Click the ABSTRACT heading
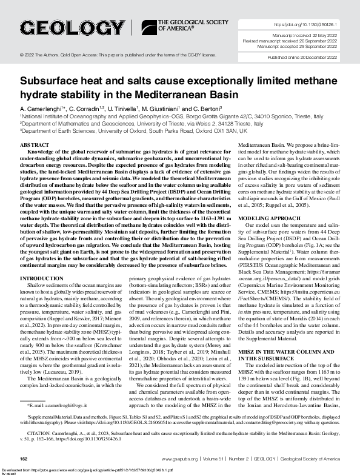(35, 146)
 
